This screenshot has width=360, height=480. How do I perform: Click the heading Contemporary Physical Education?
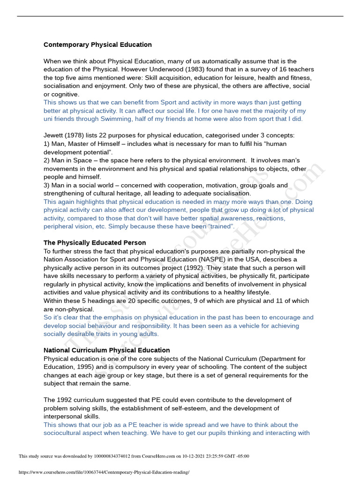[x=97, y=45]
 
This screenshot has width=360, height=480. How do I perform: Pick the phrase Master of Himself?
[x=91, y=144]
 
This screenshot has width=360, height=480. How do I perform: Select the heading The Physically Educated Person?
[x=95, y=243]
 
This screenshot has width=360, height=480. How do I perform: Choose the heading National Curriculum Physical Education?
[x=106, y=350]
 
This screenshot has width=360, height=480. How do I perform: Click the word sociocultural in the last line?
[x=73, y=433]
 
